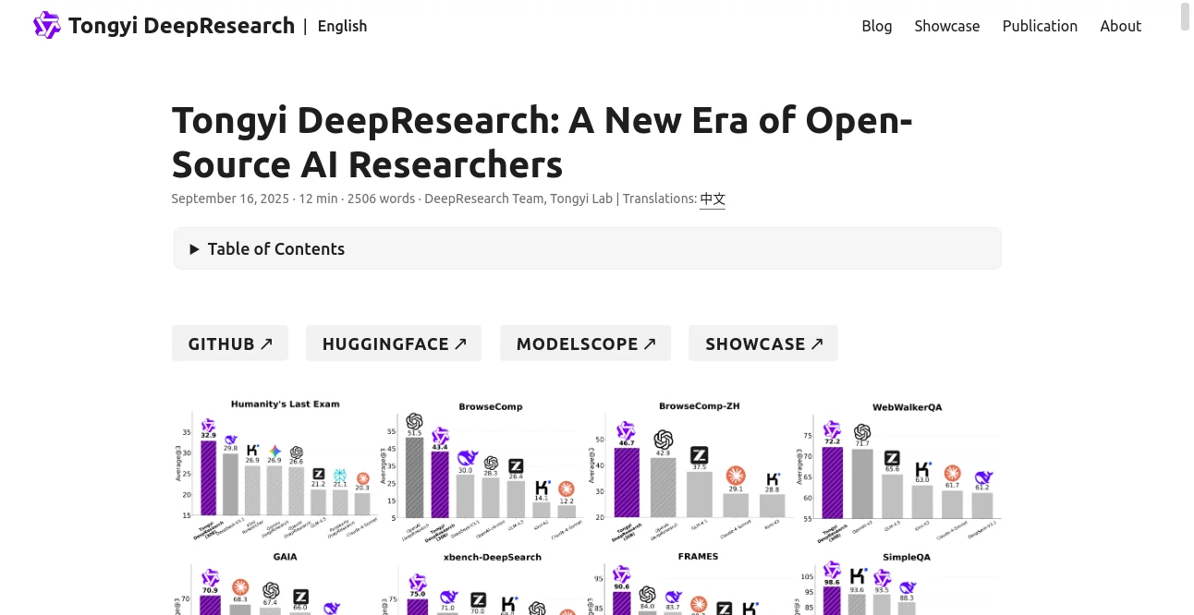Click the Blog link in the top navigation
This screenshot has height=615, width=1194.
[x=876, y=26]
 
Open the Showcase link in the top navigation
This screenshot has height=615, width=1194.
[x=946, y=26]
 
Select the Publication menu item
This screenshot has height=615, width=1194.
[x=1040, y=26]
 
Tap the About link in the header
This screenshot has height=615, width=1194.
[x=1120, y=26]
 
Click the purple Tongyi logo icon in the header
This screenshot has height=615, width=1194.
[x=46, y=25]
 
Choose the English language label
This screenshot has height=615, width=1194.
[x=342, y=26]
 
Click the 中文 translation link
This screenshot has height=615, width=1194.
[x=713, y=199]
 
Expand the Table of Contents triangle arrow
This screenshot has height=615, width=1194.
[x=194, y=249]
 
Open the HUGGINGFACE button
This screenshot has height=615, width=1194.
[x=393, y=344]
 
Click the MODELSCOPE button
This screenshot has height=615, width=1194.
[x=585, y=344]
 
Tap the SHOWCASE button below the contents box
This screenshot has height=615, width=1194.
[x=762, y=344]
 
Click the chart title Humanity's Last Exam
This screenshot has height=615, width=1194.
[x=285, y=404]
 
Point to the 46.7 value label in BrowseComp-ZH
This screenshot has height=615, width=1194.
[x=627, y=443]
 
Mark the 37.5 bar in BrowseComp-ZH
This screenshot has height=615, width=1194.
[x=700, y=494]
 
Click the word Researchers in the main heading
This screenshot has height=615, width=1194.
[x=456, y=165]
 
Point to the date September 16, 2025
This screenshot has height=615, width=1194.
[x=230, y=199]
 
